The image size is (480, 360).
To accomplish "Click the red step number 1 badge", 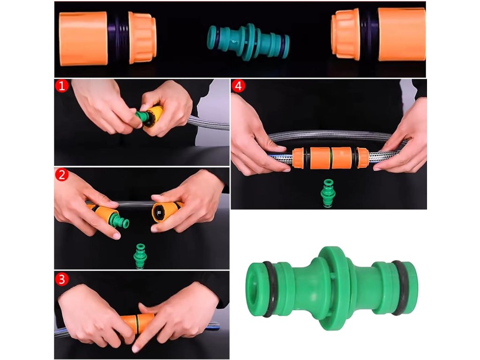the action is pyautogui.click(x=62, y=86).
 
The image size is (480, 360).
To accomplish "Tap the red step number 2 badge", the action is pyautogui.click(x=62, y=175).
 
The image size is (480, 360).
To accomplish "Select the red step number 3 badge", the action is pyautogui.click(x=62, y=279).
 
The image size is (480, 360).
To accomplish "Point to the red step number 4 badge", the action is pyautogui.click(x=238, y=86).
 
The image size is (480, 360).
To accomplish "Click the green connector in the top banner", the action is pyautogui.click(x=248, y=42).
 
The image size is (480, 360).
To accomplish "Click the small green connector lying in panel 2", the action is pyautogui.click(x=141, y=256).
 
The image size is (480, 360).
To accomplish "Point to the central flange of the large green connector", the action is pyautogui.click(x=333, y=288).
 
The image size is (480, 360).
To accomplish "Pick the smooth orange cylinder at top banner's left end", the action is pyautogui.click(x=83, y=38).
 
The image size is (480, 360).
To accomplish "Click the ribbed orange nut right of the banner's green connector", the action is pyautogui.click(x=345, y=34).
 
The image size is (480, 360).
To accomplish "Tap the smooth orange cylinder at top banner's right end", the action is pyautogui.click(x=402, y=34).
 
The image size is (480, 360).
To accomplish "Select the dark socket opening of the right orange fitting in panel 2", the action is pyautogui.click(x=160, y=212).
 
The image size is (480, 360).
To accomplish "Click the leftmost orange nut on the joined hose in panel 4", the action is pyautogui.click(x=298, y=158).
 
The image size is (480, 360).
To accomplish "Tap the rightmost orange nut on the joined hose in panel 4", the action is pyautogui.click(x=363, y=157).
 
